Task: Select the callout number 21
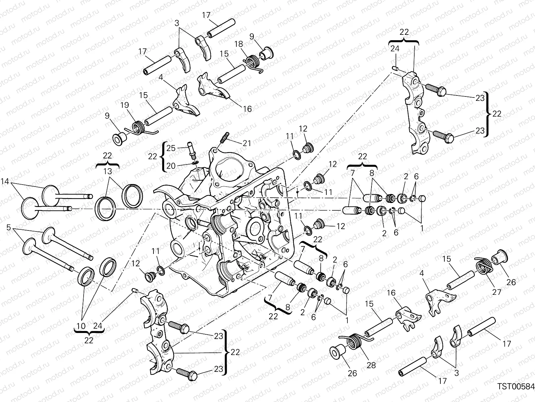click(246, 143)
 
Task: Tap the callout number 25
click(171, 148)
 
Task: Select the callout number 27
click(497, 292)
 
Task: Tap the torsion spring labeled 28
click(354, 343)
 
